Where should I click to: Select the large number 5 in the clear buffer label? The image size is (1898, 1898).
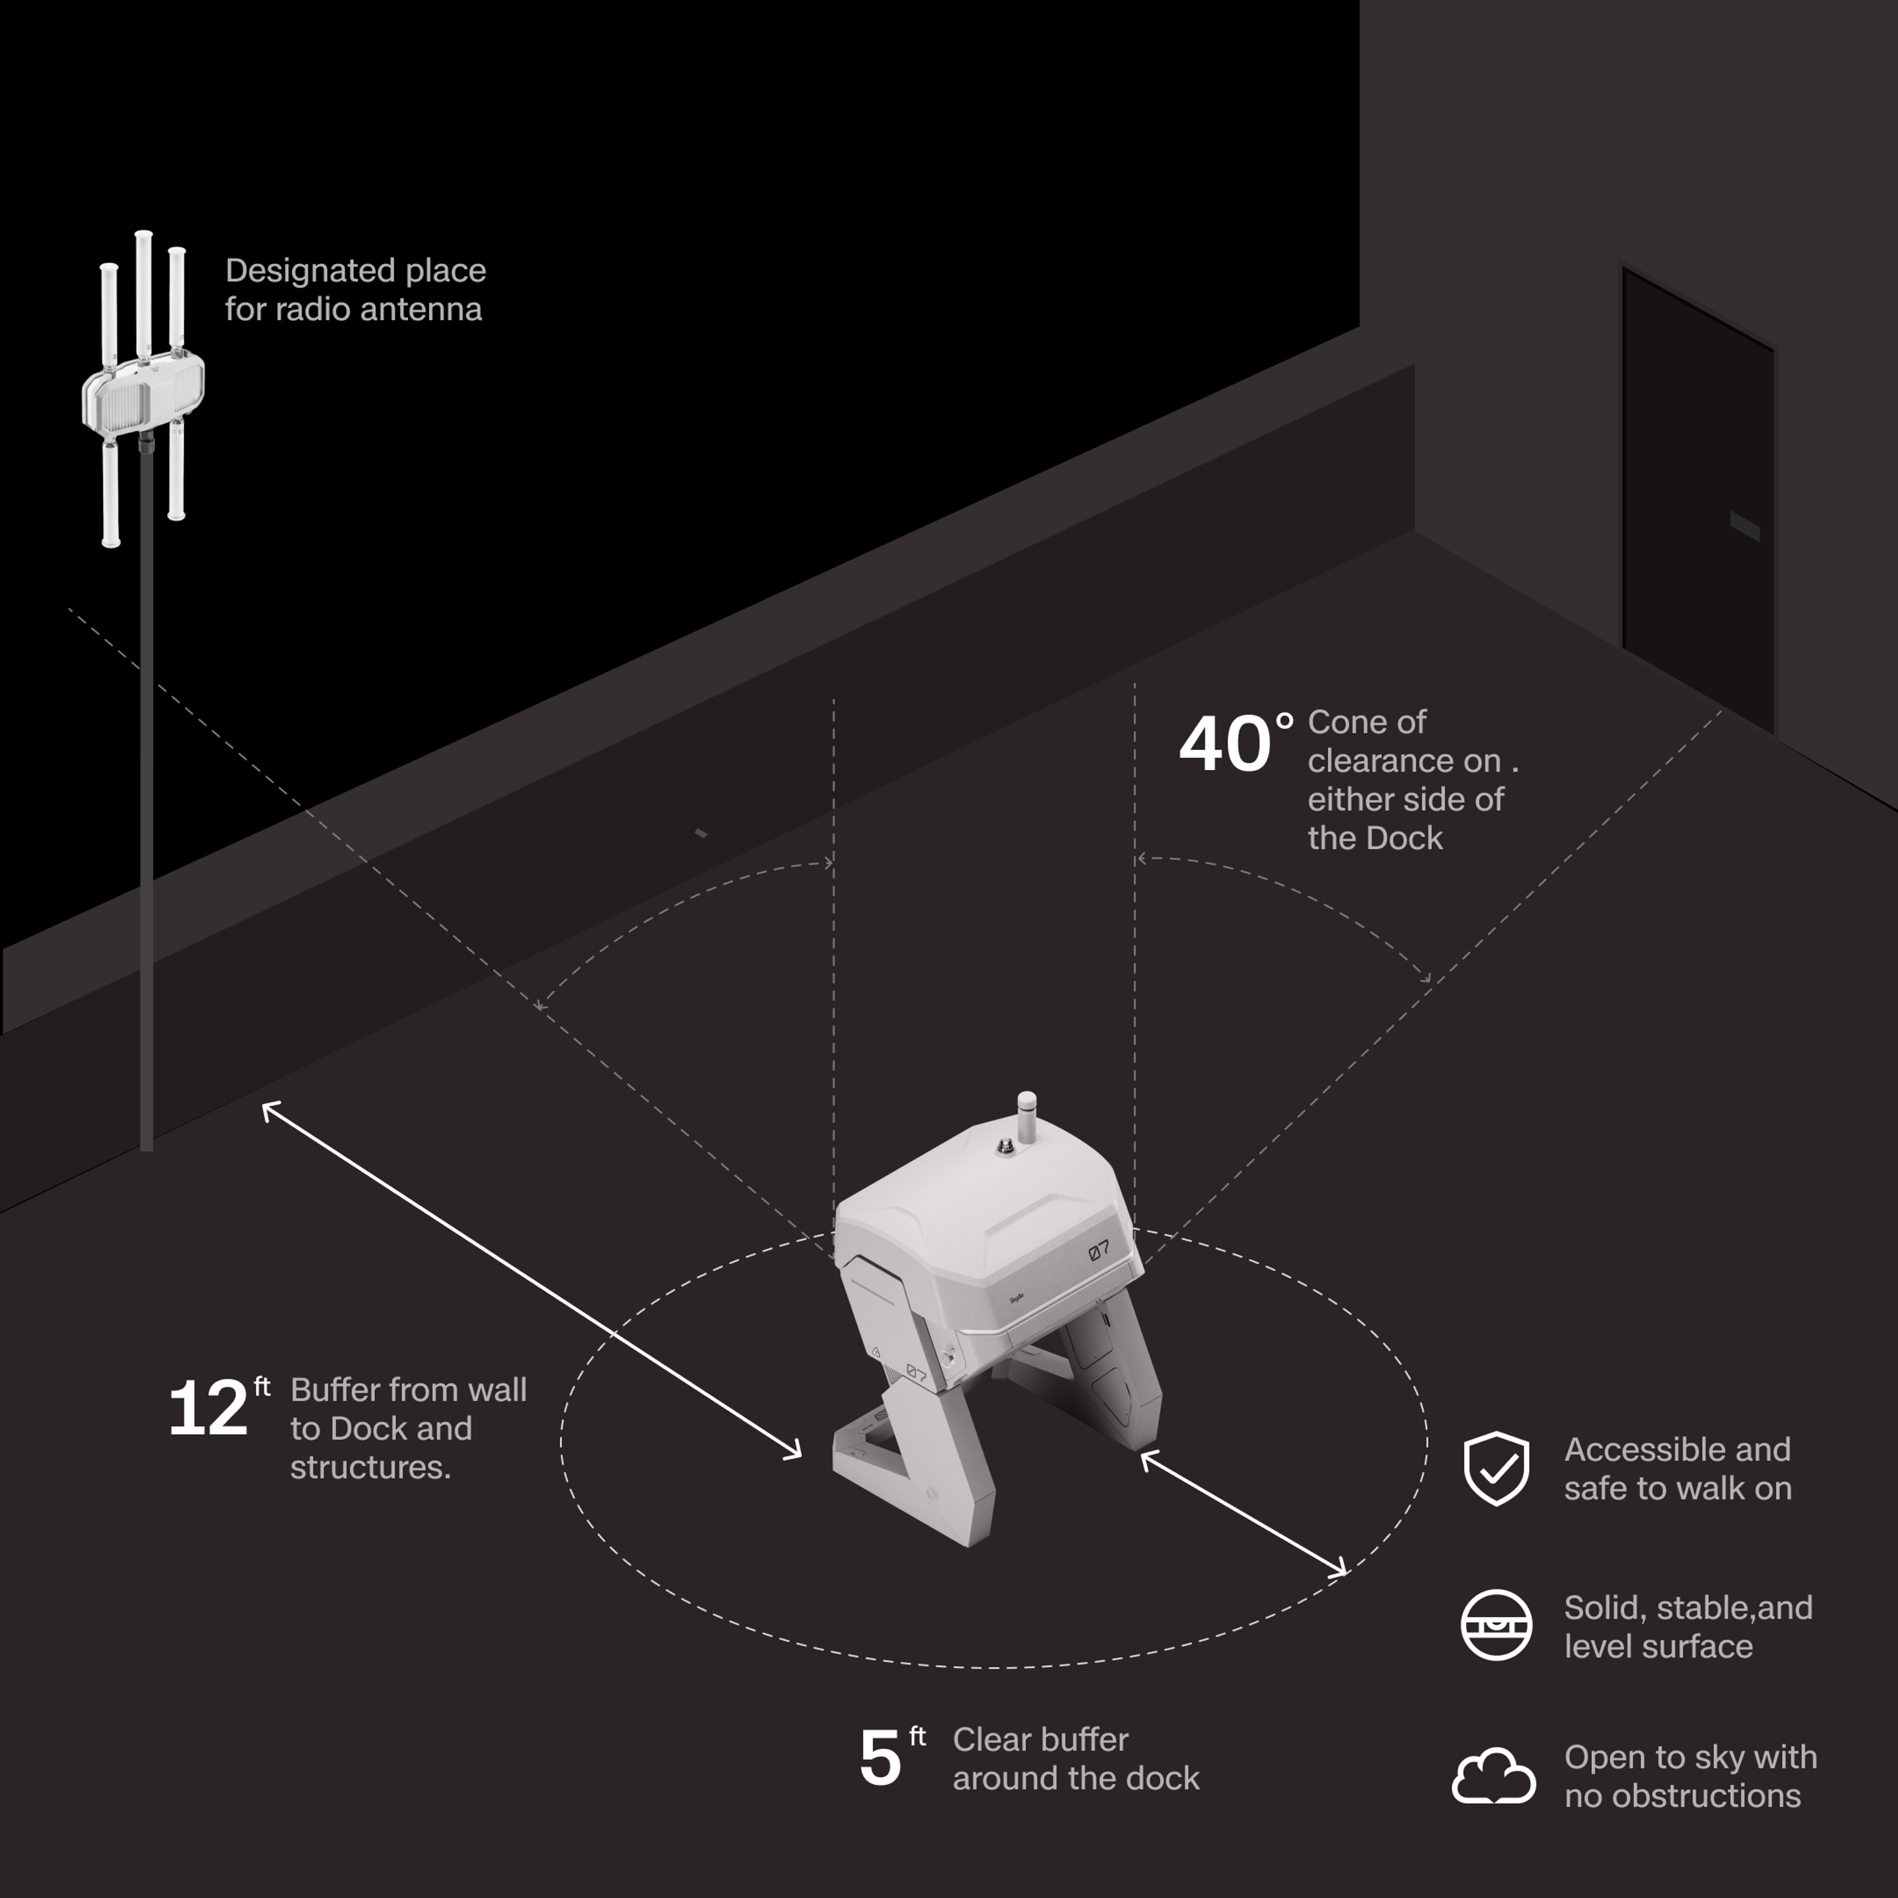click(x=879, y=1759)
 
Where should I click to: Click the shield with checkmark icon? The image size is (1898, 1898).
click(x=1495, y=1468)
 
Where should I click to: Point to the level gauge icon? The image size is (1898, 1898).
click(x=1495, y=1625)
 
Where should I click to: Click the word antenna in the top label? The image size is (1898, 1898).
click(x=431, y=309)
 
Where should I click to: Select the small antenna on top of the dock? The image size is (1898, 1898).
click(x=1027, y=1117)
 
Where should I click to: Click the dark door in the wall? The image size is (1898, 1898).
click(x=1697, y=501)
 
